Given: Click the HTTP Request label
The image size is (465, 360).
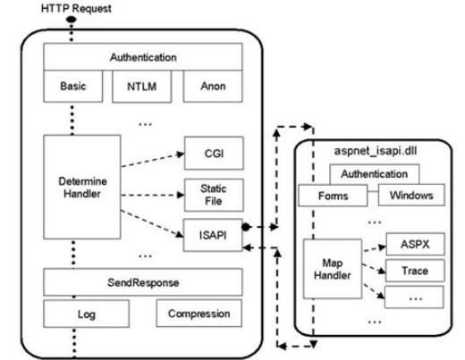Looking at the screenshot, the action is (76, 8).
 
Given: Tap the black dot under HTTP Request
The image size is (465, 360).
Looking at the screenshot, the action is (72, 20).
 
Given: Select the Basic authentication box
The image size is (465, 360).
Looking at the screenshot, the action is (73, 87).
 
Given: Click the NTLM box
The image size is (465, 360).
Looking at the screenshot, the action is (142, 87).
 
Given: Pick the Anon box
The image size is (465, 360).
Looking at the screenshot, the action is (213, 87).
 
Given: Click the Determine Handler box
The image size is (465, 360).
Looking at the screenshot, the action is (82, 187).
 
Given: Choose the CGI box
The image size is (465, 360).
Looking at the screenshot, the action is (214, 154).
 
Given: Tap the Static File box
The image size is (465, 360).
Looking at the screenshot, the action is (214, 195).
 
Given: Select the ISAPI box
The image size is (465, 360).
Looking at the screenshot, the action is (213, 235).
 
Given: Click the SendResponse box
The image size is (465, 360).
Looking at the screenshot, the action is (143, 282).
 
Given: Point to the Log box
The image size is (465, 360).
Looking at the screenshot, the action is (87, 314).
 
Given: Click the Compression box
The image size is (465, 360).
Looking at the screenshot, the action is (199, 314).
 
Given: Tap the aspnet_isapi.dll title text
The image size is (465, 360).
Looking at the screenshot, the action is (376, 151).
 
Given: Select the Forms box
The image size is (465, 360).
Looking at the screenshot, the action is (333, 196).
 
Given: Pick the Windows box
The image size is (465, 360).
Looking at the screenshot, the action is (411, 195).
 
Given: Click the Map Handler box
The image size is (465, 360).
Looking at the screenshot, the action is (333, 269).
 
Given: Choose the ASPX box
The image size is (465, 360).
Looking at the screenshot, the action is (416, 244).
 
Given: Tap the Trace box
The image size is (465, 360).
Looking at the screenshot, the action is (415, 271).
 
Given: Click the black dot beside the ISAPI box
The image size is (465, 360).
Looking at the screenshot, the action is (246, 227).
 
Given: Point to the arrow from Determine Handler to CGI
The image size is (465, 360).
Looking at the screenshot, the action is (153, 160).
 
